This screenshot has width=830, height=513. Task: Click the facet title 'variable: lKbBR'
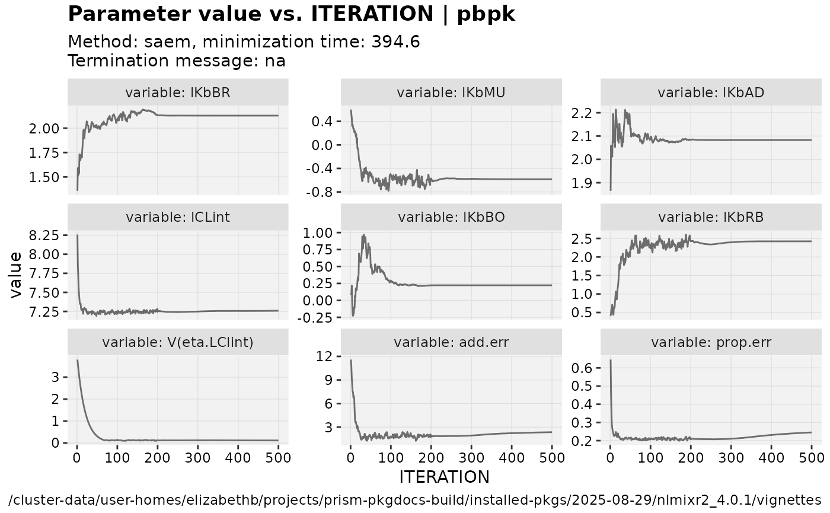click(178, 93)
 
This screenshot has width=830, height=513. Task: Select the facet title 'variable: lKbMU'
click(451, 93)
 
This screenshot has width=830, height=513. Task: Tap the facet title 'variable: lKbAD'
click(711, 93)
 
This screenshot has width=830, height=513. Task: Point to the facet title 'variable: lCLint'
click(178, 217)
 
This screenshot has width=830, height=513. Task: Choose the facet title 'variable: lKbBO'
click(451, 217)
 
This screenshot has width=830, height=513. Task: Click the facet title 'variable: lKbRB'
click(711, 217)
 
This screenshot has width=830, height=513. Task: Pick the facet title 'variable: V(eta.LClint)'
click(178, 342)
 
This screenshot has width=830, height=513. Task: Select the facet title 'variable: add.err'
click(451, 342)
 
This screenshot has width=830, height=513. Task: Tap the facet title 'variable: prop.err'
click(711, 342)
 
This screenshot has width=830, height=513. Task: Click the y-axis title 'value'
click(16, 274)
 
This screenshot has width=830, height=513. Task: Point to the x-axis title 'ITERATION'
click(445, 477)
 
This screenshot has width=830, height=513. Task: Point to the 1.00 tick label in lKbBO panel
click(320, 232)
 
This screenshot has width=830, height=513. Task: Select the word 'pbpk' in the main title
click(486, 14)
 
